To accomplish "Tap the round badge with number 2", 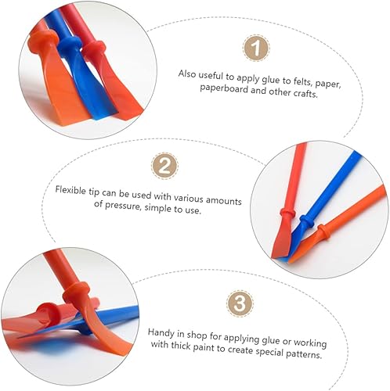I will tap(164, 166).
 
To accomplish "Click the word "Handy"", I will tap(161, 332).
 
